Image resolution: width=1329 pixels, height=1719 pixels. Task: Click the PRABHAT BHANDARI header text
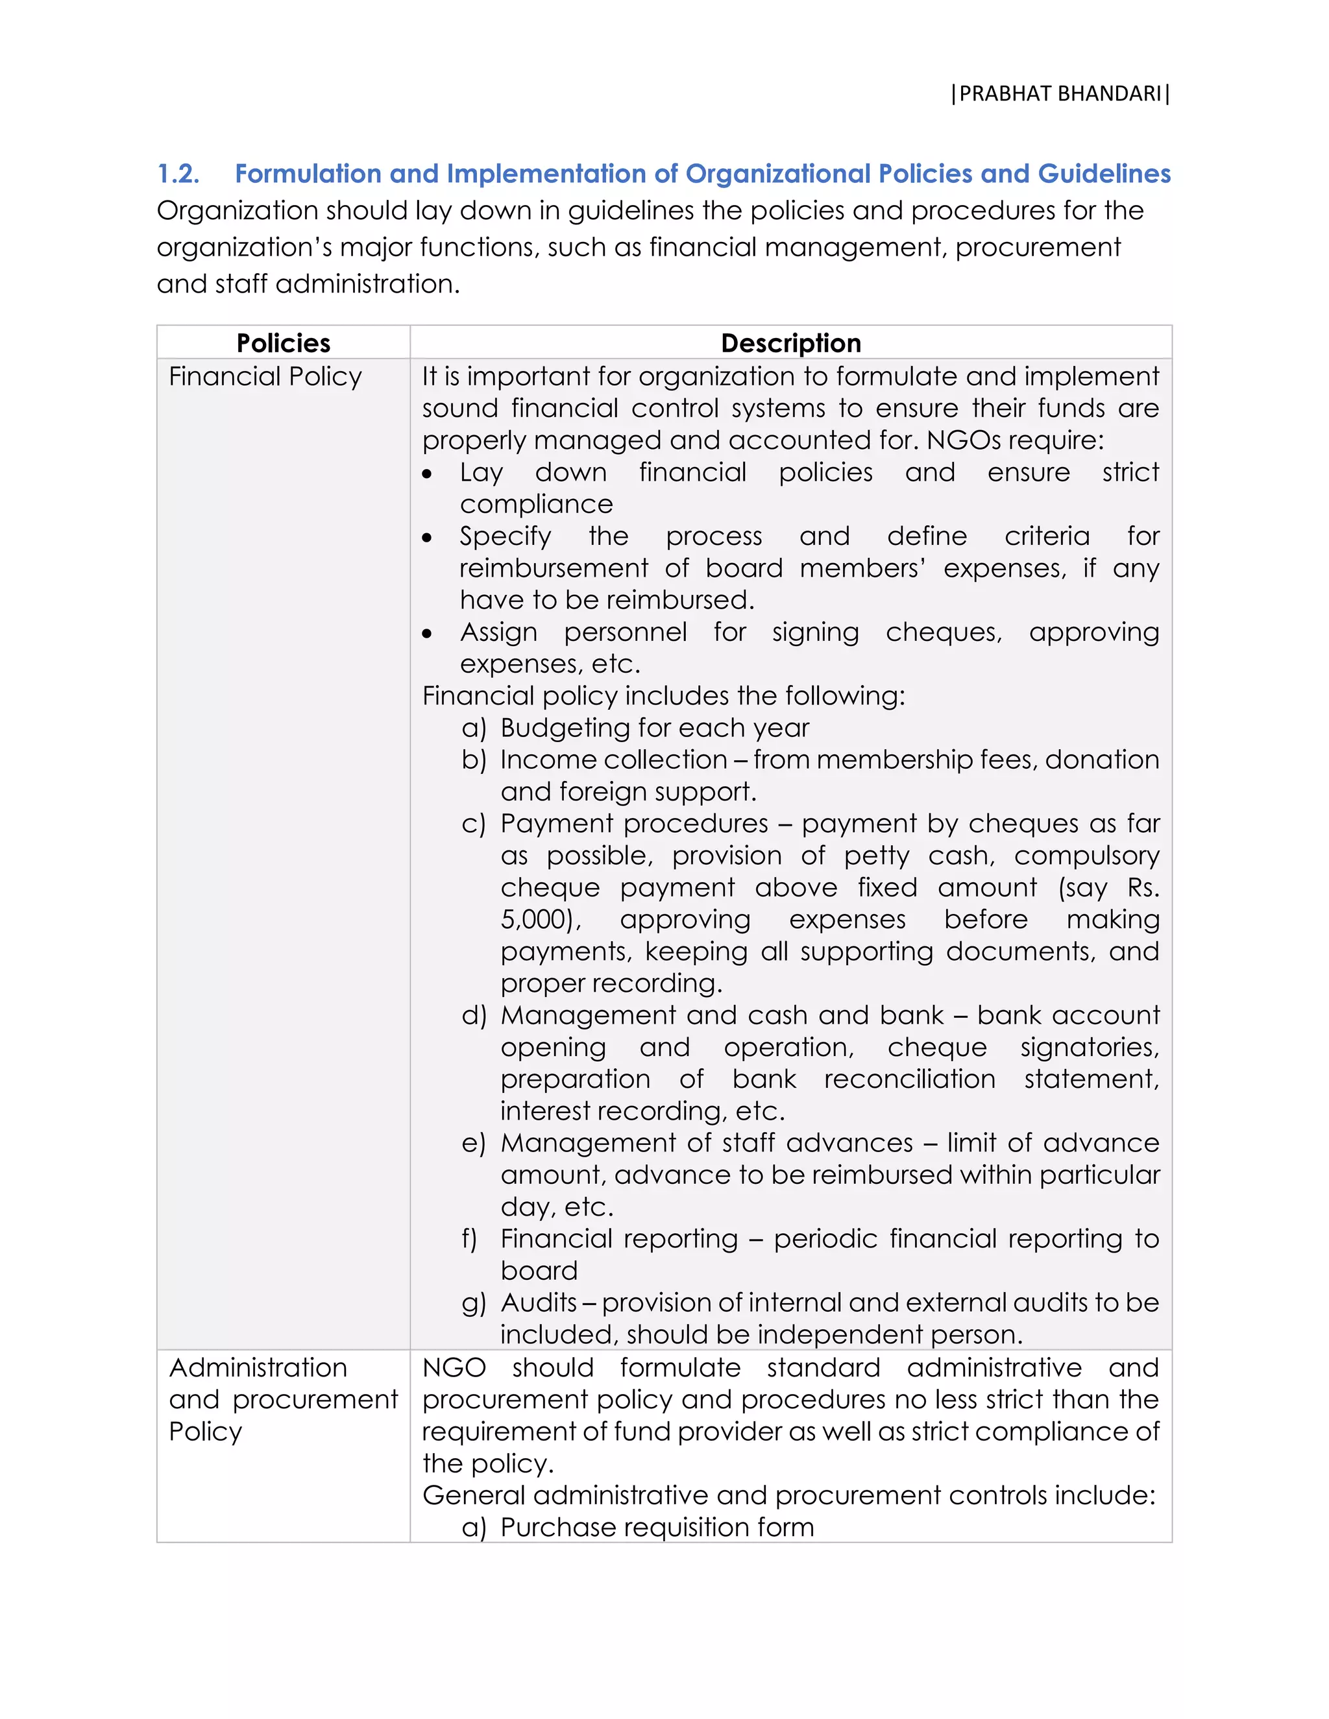click(1060, 93)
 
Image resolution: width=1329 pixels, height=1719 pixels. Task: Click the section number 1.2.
click(178, 174)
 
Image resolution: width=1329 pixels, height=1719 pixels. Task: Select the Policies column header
click(284, 343)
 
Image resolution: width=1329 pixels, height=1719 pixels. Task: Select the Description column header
click(790, 343)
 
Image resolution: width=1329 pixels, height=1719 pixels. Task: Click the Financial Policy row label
click(265, 377)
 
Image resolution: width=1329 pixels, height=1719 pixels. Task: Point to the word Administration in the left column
click(258, 1367)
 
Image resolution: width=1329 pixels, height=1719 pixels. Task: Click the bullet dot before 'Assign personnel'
click(427, 634)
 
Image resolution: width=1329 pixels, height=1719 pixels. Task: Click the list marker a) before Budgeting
click(474, 728)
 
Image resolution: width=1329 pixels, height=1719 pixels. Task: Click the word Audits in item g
click(539, 1303)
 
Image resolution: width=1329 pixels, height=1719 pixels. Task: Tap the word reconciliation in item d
click(909, 1079)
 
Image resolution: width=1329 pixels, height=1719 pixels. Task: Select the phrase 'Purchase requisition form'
click(657, 1527)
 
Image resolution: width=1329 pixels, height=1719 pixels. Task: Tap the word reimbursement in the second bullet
click(554, 568)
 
